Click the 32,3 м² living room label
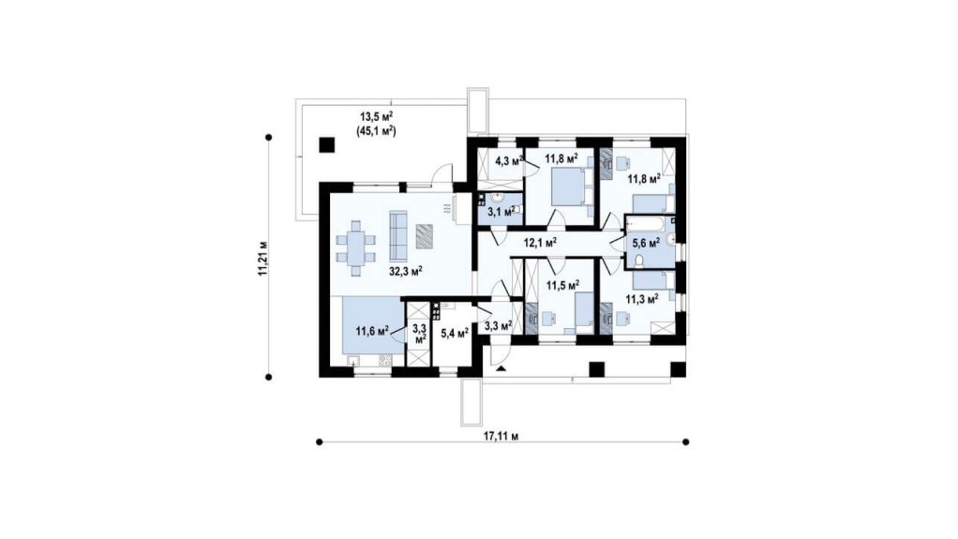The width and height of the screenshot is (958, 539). pos(406,271)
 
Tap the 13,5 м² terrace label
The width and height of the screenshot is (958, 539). pos(377,117)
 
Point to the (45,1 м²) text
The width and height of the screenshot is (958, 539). pos(377,130)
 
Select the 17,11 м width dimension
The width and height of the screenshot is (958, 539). pos(501,436)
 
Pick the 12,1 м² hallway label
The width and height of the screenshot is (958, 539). pos(540,243)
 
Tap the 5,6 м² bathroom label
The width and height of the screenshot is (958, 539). pos(646,243)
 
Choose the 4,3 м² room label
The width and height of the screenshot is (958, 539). pos(509,161)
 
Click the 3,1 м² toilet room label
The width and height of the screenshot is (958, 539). pos(501,212)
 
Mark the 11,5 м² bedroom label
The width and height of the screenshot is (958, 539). pos(562,285)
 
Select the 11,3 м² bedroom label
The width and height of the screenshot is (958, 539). pos(641,299)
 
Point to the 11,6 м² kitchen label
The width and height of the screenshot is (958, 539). pos(373,331)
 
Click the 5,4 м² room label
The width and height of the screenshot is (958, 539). pos(455,334)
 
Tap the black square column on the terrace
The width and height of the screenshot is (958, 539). pos(327,145)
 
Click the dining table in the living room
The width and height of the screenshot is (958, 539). pos(355,248)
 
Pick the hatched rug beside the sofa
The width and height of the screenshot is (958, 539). pos(425,236)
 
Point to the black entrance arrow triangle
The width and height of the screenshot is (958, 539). pos(501,368)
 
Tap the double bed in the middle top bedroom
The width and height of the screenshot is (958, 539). pos(572,187)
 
